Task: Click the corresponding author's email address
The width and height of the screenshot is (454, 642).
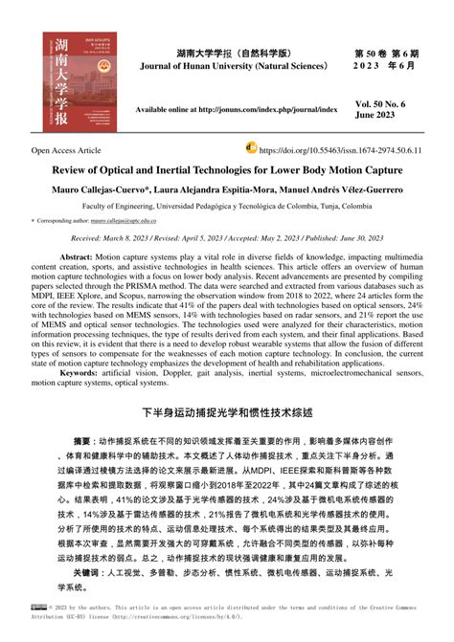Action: (129, 220)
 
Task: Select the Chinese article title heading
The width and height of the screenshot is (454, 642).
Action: (226, 413)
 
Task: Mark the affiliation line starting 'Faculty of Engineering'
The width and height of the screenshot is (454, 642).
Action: (226, 205)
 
